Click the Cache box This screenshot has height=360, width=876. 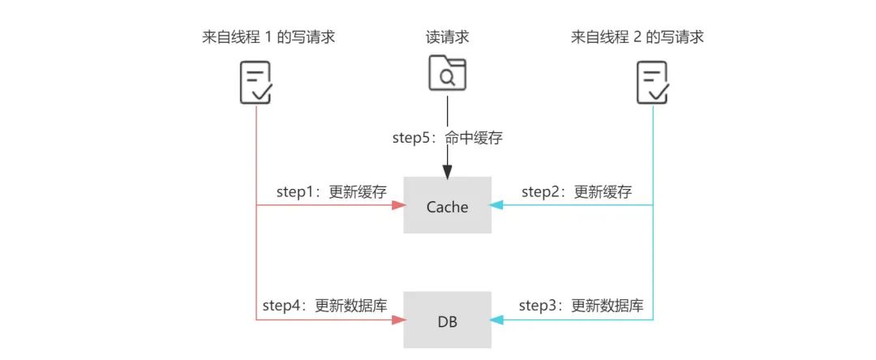point(448,207)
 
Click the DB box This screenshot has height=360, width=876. point(448,321)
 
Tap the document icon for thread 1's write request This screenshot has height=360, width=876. point(255,83)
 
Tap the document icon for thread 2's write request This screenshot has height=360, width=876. point(653,83)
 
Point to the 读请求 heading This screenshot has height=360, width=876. point(448,36)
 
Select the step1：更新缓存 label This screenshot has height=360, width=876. point(331,192)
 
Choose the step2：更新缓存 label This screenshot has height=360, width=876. point(576,192)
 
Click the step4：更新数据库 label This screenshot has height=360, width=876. point(324,306)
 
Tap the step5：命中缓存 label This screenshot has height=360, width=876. point(448,138)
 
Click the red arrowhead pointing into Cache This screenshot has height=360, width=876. point(397,206)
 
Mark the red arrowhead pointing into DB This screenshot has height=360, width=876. point(397,320)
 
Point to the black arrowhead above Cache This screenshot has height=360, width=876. point(447,171)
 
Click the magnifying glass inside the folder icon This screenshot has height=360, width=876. point(447,77)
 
